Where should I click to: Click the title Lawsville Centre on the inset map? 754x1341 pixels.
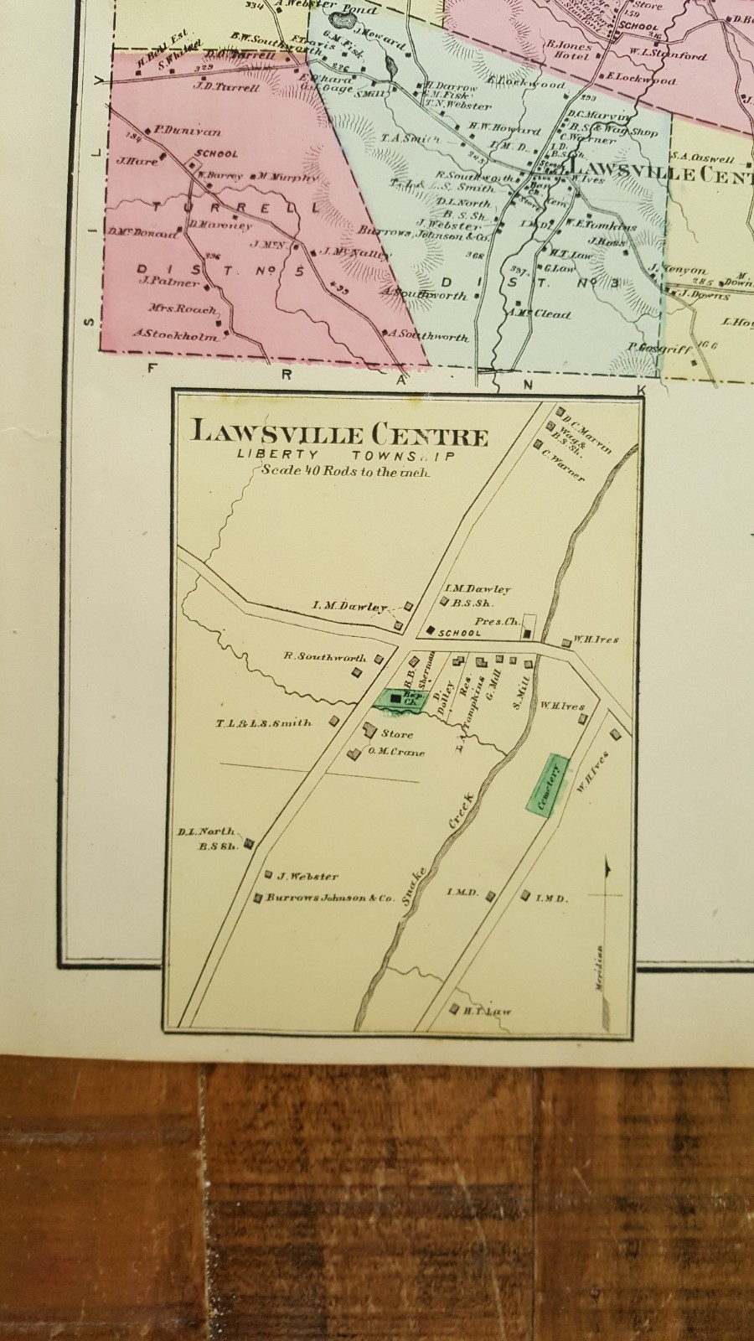tap(339, 435)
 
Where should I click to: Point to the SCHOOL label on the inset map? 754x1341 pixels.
tap(459, 633)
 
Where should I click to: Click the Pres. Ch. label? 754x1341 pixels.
tap(493, 622)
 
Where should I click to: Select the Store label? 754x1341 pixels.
tap(397, 733)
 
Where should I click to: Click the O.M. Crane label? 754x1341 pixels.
tap(395, 752)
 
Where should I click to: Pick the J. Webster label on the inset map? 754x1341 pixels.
tap(307, 877)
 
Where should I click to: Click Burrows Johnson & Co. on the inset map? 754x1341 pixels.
tap(330, 898)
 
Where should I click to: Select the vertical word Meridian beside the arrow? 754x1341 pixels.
tap(600, 969)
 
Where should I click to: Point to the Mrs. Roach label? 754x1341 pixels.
tap(178, 308)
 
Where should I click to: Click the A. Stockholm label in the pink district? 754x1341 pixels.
tap(175, 335)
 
